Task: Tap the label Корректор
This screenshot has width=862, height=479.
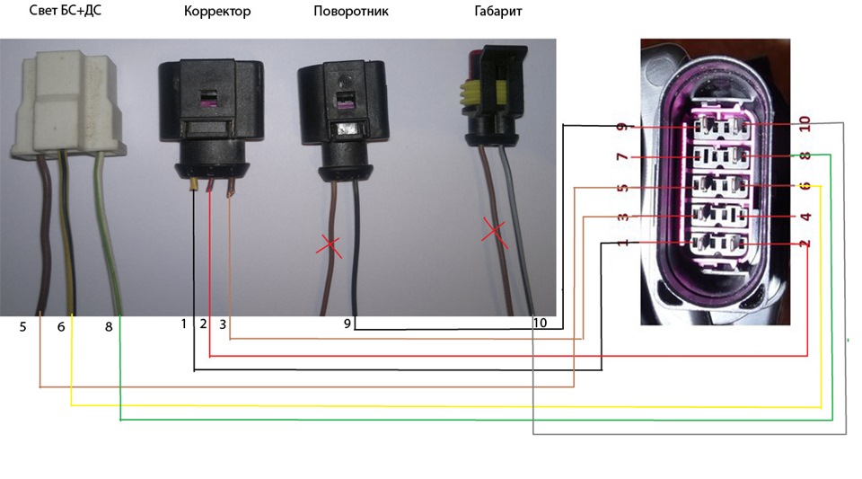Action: pos(217,13)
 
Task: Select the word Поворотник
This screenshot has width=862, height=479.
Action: pos(351,13)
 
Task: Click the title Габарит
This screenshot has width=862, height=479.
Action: pos(498,13)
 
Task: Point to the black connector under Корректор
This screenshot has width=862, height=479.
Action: pos(206,108)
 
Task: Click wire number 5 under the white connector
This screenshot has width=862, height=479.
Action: pos(23,326)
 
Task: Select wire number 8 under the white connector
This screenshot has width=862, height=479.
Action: pos(109,326)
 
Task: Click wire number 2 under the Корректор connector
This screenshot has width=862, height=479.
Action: pos(203,324)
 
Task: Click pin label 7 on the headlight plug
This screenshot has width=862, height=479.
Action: pos(621,158)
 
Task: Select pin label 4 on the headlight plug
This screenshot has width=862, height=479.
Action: pos(805,217)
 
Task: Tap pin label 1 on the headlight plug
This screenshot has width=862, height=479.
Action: pos(621,244)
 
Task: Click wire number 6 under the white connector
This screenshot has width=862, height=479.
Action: pos(61,326)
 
